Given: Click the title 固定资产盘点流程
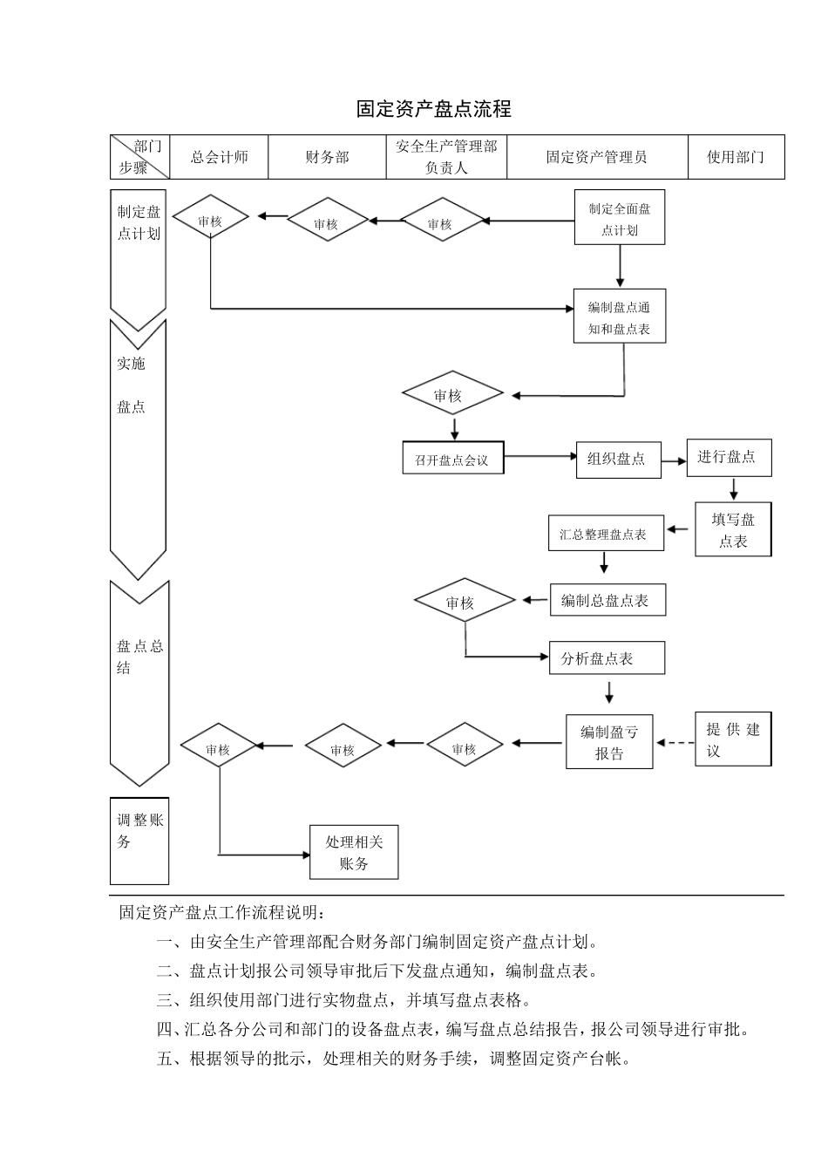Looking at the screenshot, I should point(433,109).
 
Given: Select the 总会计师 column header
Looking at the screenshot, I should point(219,157).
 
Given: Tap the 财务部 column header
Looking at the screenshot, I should point(327,157).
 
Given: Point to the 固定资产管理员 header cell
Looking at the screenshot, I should point(596,157).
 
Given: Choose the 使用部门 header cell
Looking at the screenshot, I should point(736,157).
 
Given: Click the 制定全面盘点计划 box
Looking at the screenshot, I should point(620,218).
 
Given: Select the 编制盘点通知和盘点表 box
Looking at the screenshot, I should point(620,317).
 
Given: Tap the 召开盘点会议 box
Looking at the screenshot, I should point(452,459).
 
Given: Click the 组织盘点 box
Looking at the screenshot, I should point(617,460).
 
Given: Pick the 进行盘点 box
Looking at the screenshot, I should point(728,458).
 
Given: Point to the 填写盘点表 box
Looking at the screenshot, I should point(733,529).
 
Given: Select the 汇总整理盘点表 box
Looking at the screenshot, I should point(604,535).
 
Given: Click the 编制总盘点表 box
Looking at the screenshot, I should point(607,601).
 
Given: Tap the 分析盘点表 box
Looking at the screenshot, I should point(607,658).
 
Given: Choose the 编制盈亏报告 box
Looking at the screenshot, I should point(609,743).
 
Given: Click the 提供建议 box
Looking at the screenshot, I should point(733,740).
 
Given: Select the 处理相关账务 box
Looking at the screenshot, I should point(354,853).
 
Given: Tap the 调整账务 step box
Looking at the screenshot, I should point(139,841).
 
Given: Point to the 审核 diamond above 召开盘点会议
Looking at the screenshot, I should point(452,396).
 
